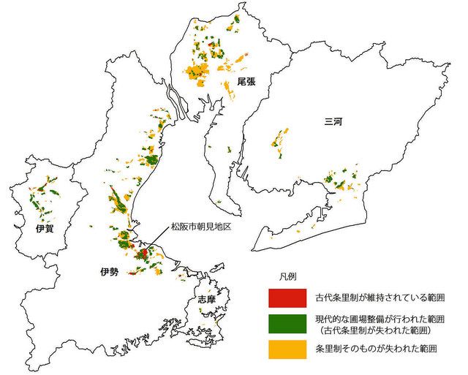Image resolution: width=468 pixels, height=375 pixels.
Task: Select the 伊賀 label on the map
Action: [x=44, y=228]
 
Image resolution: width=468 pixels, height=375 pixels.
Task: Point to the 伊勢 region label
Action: [x=108, y=271]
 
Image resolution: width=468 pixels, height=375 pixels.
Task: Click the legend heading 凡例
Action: [x=287, y=276]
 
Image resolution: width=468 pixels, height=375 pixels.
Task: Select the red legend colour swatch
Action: [x=286, y=298]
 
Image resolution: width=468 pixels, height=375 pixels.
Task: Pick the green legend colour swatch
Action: [x=286, y=323]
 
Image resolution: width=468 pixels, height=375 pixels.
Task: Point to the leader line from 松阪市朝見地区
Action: [x=157, y=240]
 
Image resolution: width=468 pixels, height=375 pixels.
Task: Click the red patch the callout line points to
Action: [x=145, y=252]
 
